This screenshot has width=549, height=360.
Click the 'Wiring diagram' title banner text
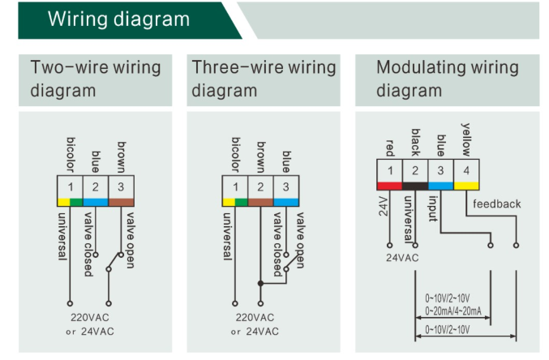(x=118, y=19)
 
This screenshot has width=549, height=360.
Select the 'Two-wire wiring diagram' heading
(x=95, y=79)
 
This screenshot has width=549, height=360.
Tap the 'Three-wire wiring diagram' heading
(x=264, y=79)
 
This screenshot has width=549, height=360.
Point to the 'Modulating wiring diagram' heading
(x=448, y=79)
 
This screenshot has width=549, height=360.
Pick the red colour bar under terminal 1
(x=389, y=186)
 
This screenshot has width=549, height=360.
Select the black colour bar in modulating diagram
(x=415, y=186)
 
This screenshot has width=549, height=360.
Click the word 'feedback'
(x=497, y=204)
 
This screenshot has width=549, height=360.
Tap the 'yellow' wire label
(x=466, y=139)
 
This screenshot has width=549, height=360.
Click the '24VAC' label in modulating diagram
(x=402, y=258)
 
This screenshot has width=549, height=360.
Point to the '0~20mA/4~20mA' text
(x=453, y=311)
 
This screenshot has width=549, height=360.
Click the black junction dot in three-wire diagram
(x=260, y=283)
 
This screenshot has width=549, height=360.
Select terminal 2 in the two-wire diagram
(x=95, y=187)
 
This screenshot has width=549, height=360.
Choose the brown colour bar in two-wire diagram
(x=121, y=203)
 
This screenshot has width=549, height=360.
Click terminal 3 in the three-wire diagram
(x=286, y=187)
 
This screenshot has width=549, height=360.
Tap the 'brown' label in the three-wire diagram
(x=261, y=157)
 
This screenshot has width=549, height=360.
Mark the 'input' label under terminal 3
(x=433, y=208)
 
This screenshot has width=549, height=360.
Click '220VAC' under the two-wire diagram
(x=90, y=318)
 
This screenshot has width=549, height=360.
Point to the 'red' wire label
(x=390, y=148)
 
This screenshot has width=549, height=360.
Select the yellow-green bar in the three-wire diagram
(x=235, y=203)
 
